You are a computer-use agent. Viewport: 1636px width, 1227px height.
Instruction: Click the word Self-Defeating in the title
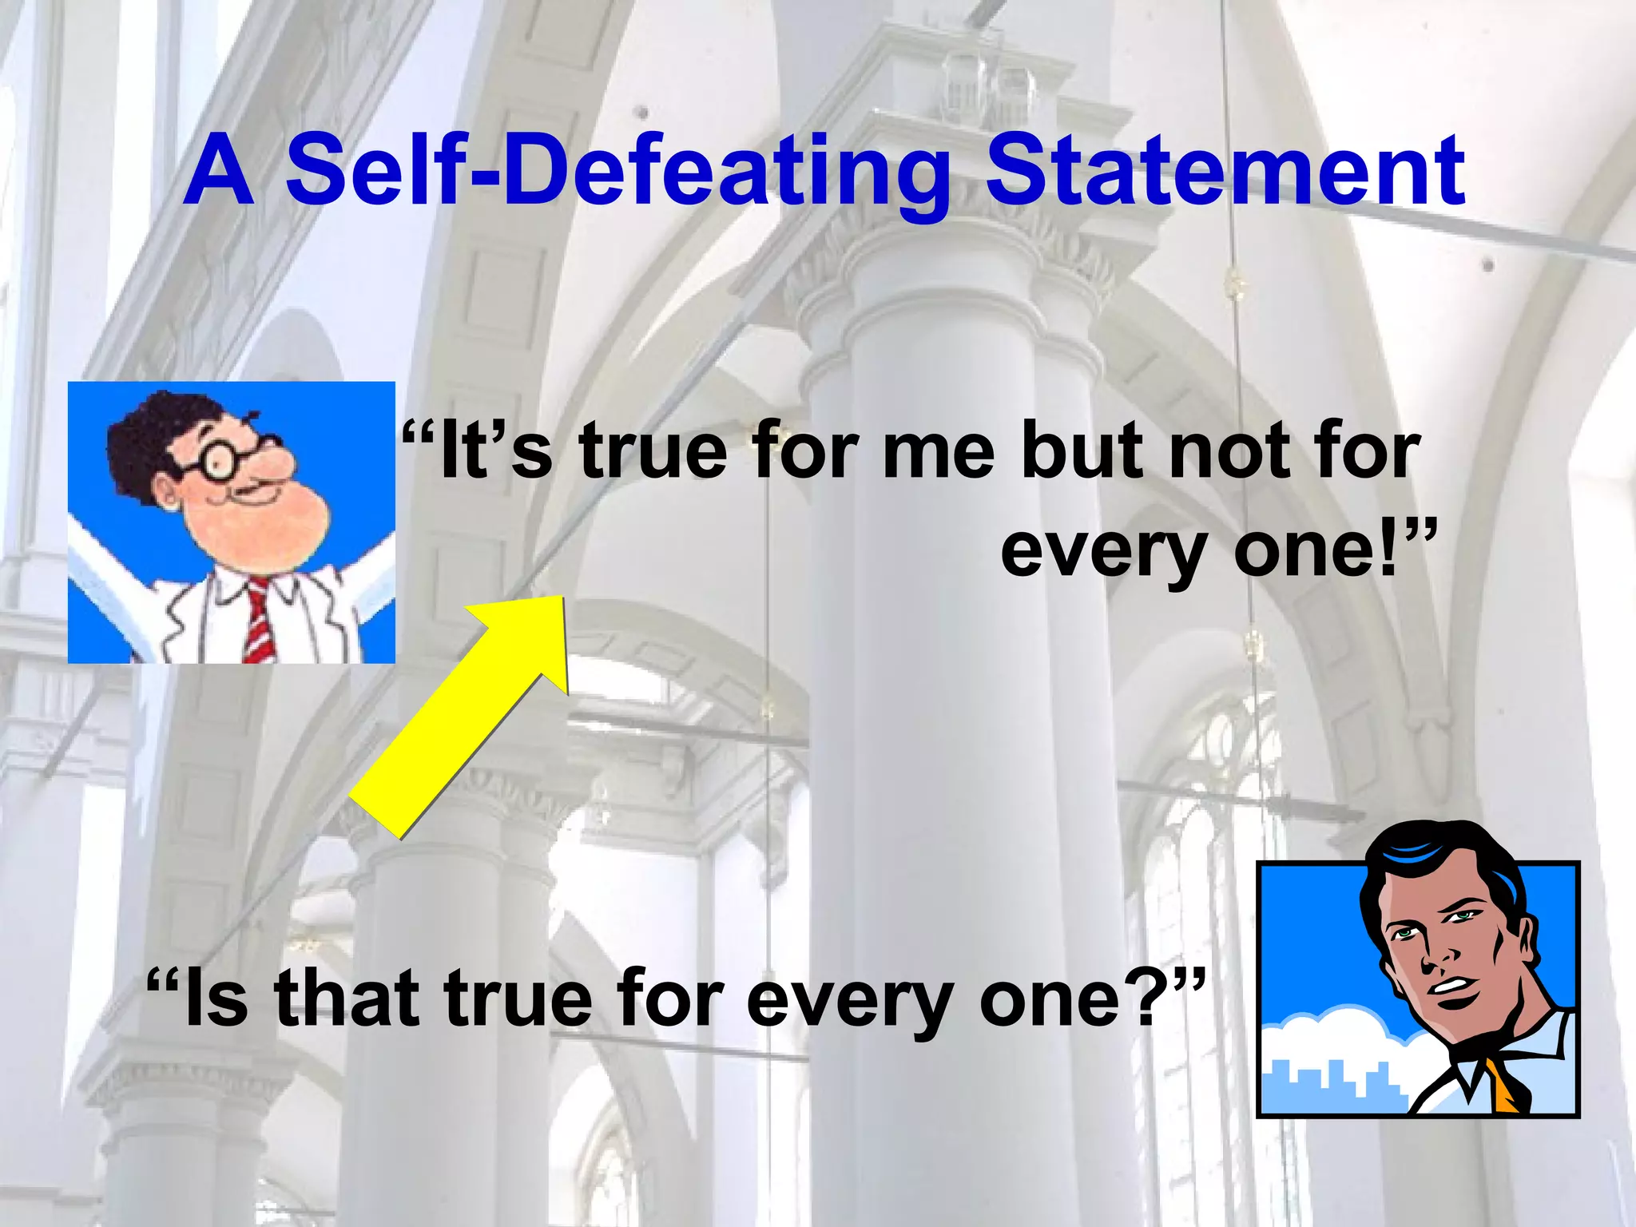pyautogui.click(x=615, y=172)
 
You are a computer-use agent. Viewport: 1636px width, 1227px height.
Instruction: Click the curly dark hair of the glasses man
pyautogui.click(x=152, y=431)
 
